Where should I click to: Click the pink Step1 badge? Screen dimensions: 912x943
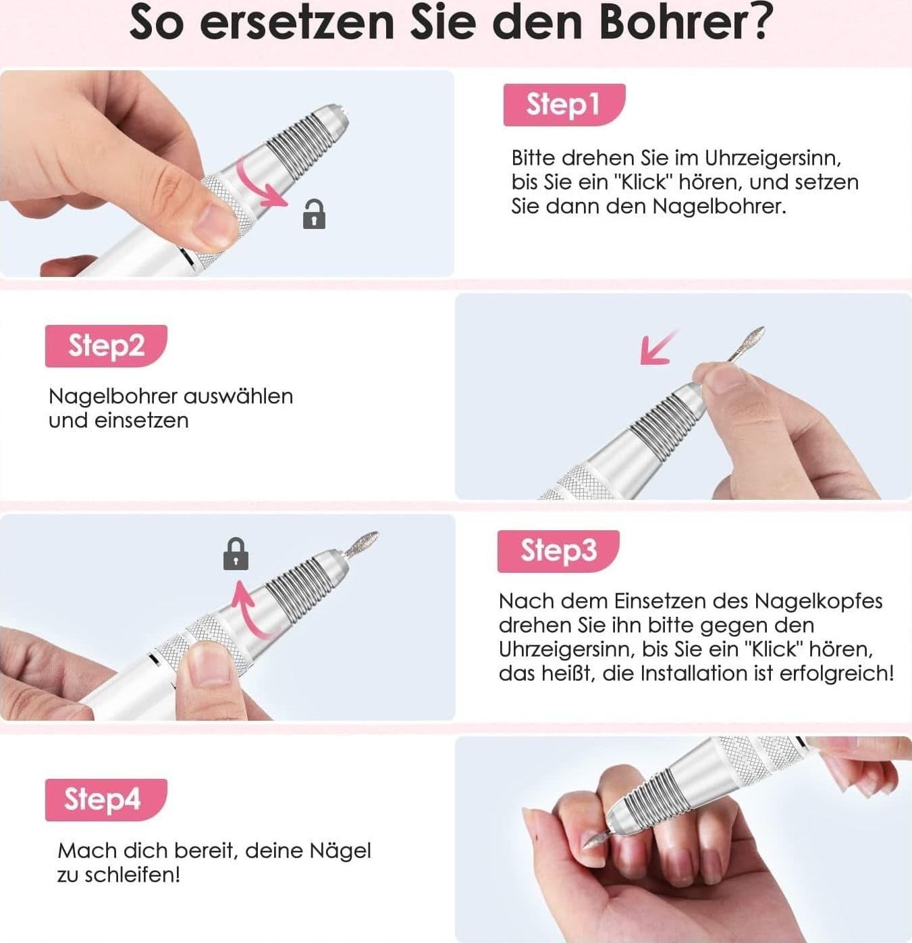pyautogui.click(x=564, y=105)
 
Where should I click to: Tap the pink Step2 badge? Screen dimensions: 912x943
pyautogui.click(x=106, y=346)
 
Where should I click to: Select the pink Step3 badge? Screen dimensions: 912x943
pyautogui.click(x=558, y=551)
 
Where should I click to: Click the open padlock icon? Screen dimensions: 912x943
pyautogui.click(x=314, y=214)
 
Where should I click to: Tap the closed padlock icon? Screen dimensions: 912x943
pyautogui.click(x=236, y=554)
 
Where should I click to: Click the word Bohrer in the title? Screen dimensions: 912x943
pyautogui.click(x=674, y=23)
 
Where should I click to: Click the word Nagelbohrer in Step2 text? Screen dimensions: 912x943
pyautogui.click(x=113, y=397)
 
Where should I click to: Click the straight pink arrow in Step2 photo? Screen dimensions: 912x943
pyautogui.click(x=658, y=347)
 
